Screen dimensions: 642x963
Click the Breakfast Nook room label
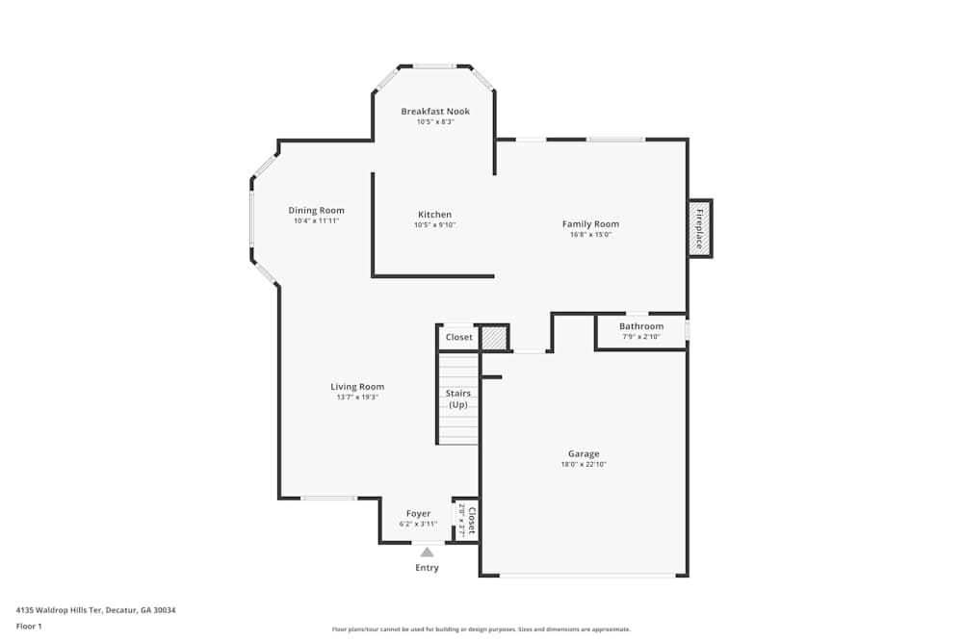coord(435,112)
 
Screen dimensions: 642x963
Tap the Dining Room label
coord(316,211)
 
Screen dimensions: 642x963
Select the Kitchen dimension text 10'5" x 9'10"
coord(434,225)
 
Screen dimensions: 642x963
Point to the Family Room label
coord(590,224)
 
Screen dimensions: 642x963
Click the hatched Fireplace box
coord(700,228)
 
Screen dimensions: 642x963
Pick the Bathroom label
coord(640,326)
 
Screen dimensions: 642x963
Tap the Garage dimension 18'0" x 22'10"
coord(584,464)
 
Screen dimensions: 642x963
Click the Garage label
coord(584,453)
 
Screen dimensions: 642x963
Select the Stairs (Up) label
coord(458,398)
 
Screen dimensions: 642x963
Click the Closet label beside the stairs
coord(459,337)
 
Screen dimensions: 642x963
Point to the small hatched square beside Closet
coord(494,338)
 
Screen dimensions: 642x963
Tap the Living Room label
coord(357,387)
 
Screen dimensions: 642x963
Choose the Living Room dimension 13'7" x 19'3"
coord(357,397)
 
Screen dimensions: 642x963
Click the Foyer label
coord(418,514)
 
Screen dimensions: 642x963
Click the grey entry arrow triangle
coord(427,552)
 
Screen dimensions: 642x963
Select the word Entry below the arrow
coord(427,568)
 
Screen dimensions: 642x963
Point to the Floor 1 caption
coord(29,626)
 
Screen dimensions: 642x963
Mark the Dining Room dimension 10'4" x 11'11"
coord(316,220)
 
